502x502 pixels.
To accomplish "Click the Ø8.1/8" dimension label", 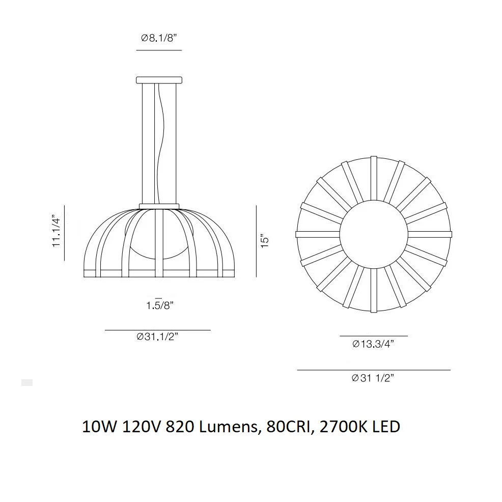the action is click(159, 38).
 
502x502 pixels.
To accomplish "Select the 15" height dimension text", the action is click(265, 242).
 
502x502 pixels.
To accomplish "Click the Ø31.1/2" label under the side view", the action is click(157, 337).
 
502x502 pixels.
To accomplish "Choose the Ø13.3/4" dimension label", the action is click(373, 344).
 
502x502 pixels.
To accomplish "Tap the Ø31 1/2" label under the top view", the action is click(373, 378).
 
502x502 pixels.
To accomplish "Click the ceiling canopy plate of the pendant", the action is click(159, 80).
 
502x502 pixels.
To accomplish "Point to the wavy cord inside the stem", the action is click(162, 144).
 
